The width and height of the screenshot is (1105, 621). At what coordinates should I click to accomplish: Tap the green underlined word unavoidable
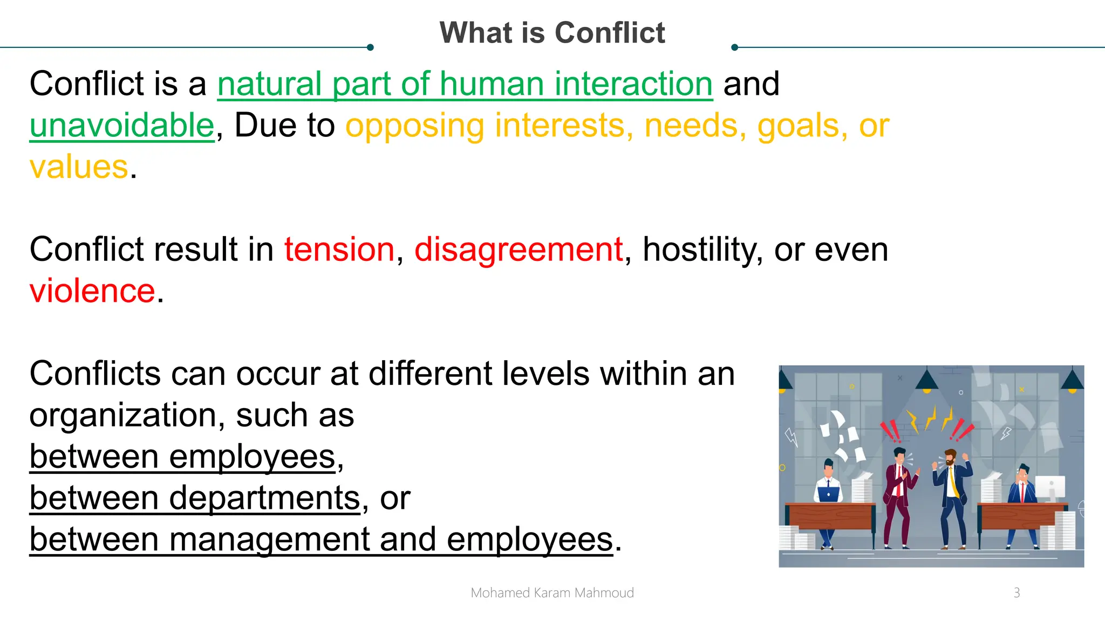point(122,126)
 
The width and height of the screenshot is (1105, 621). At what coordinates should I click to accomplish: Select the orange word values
point(79,167)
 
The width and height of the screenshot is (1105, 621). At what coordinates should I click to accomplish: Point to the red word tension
point(339,250)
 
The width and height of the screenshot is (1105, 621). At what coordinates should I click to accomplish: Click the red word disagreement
point(519,250)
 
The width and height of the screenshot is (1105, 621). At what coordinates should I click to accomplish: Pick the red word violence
point(92,292)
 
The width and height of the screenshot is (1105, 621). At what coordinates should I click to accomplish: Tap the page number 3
point(1017,593)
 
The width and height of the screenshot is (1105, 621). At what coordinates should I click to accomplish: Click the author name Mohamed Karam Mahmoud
point(552,593)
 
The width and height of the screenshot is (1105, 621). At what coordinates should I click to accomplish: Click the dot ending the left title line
point(370,47)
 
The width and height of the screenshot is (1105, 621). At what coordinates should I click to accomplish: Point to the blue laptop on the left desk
point(828,494)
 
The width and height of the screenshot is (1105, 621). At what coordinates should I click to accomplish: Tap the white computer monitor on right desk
point(1050,488)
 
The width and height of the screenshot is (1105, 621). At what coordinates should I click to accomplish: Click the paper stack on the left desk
point(862,487)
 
